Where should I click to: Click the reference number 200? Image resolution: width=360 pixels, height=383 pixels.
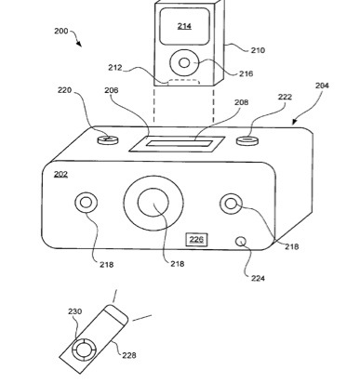point(60,31)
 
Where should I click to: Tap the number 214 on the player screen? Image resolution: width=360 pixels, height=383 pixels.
point(184,26)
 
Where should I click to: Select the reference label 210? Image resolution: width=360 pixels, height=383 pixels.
point(258,50)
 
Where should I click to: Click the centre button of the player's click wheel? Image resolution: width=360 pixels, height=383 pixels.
point(184,63)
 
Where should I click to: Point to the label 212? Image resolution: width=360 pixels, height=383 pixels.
point(115,68)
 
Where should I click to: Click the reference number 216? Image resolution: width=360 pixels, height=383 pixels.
point(246,73)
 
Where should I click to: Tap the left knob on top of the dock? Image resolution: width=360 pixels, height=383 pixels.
point(108,139)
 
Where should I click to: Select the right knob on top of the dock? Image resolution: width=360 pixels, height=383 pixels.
point(247,140)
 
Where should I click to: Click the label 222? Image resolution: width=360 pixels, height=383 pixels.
point(285,97)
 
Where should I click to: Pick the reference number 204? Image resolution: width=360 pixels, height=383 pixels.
point(322,86)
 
